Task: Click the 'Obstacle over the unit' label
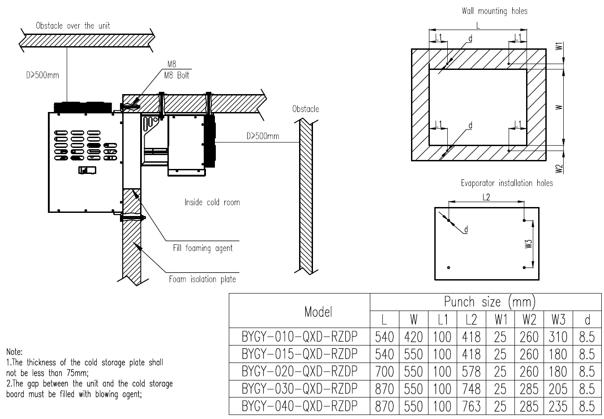pyautogui.click(x=73, y=26)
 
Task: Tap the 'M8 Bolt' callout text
pyautogui.click(x=176, y=75)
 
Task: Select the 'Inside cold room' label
pyautogui.click(x=212, y=203)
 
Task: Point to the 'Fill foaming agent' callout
pyautogui.click(x=203, y=248)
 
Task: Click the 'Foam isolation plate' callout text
pyautogui.click(x=202, y=279)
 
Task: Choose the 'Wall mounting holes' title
pyautogui.click(x=494, y=11)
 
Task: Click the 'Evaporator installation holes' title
pyautogui.click(x=507, y=183)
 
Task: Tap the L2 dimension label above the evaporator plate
pyautogui.click(x=486, y=197)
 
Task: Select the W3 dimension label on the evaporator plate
pyautogui.click(x=529, y=244)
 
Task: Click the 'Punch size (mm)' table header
pyautogui.click(x=490, y=302)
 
